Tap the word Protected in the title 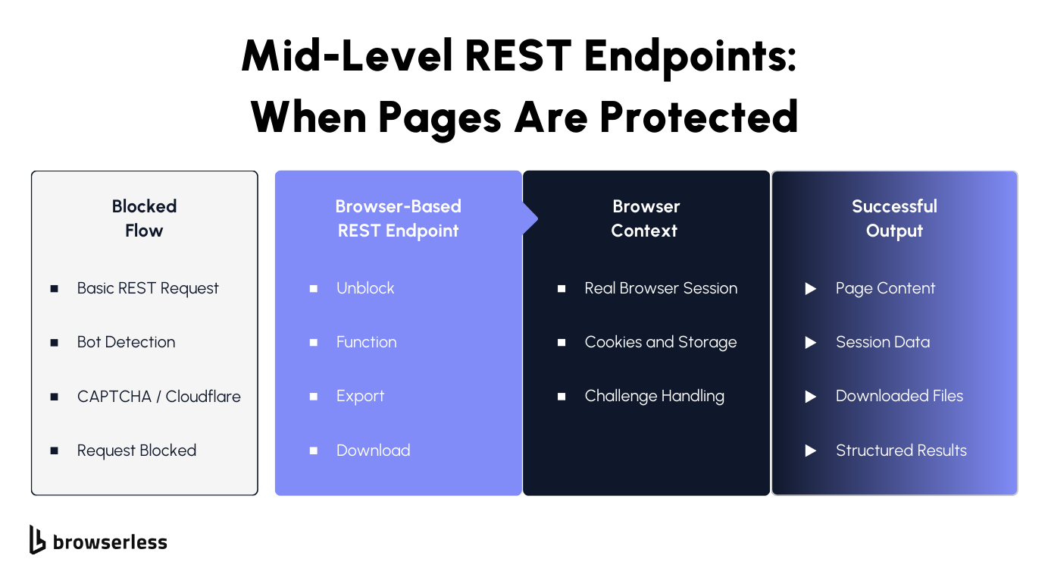pyautogui.click(x=699, y=117)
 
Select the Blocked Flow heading pyautogui.click(x=144, y=218)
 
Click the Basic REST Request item pyautogui.click(x=148, y=288)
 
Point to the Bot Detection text pyautogui.click(x=126, y=342)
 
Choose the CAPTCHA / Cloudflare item pyautogui.click(x=158, y=396)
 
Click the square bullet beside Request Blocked pyautogui.click(x=55, y=451)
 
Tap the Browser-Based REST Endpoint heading pyautogui.click(x=398, y=218)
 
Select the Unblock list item pyautogui.click(x=365, y=288)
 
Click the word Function pyautogui.click(x=366, y=342)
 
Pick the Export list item pyautogui.click(x=360, y=396)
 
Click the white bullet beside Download pyautogui.click(x=314, y=451)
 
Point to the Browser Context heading pyautogui.click(x=646, y=218)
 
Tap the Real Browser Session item pyautogui.click(x=661, y=288)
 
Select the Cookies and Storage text pyautogui.click(x=660, y=342)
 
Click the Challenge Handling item pyautogui.click(x=654, y=396)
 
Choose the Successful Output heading pyautogui.click(x=894, y=218)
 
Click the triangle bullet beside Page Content pyautogui.click(x=810, y=289)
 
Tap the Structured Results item pyautogui.click(x=901, y=451)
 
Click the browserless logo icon pyautogui.click(x=38, y=539)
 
